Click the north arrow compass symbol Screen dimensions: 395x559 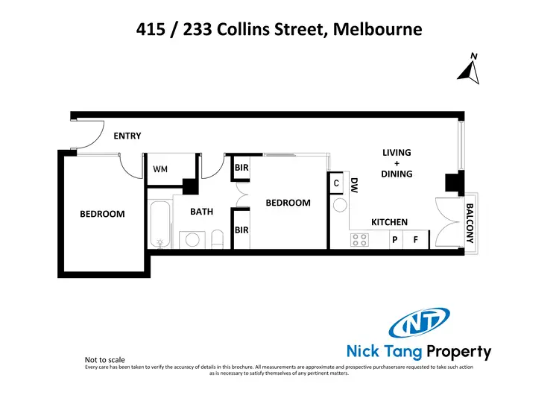[x=469, y=69]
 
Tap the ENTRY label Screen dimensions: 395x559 [x=127, y=136]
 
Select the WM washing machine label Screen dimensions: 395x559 [x=160, y=169]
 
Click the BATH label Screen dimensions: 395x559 [x=201, y=212]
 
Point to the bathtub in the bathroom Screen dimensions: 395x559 [x=160, y=221]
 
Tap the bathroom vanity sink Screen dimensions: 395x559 [x=192, y=239]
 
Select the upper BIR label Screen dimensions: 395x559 [x=241, y=168]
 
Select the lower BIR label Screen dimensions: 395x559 [x=241, y=230]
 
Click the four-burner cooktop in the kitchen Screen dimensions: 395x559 [x=360, y=240]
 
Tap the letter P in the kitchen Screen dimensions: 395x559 [x=395, y=240]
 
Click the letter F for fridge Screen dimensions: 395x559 [x=416, y=240]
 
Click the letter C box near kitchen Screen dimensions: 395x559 [x=336, y=183]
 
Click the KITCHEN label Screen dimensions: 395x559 [x=389, y=222]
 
